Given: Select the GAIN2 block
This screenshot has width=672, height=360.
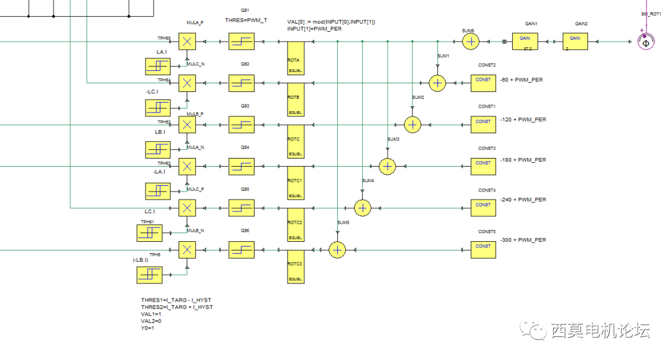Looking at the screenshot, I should (575, 42).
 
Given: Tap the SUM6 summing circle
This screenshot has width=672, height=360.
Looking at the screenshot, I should (471, 42).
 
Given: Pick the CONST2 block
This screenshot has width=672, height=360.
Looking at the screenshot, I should (483, 83).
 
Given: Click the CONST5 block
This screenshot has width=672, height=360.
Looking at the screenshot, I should (483, 249).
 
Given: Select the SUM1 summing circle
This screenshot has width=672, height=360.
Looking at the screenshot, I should (437, 83).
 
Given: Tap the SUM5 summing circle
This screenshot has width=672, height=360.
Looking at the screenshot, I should (337, 249).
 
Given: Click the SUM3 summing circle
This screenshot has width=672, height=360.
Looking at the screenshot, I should (387, 166).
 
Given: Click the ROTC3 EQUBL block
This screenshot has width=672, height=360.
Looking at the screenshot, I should (295, 267).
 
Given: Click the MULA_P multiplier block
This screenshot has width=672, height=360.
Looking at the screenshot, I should (187, 42).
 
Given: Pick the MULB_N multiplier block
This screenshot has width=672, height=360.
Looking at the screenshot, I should (187, 250).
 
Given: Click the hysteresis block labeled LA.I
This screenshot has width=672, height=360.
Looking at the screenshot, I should (157, 66).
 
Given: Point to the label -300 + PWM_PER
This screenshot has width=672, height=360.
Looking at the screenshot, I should (523, 240).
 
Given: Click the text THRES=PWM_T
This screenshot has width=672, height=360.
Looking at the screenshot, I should (246, 21).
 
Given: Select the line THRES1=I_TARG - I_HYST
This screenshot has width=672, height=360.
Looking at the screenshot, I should (177, 300).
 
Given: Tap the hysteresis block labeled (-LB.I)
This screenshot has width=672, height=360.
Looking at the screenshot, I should (149, 274).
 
